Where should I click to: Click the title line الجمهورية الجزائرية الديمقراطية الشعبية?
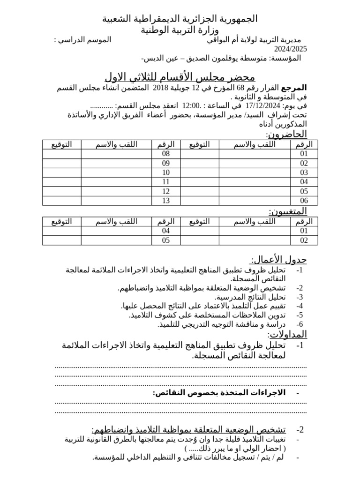[180, 19]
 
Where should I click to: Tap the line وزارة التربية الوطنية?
[180, 30]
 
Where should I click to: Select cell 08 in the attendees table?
[165, 154]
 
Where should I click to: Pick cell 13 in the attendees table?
[165, 201]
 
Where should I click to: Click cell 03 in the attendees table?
[304, 172]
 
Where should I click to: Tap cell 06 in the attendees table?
[304, 201]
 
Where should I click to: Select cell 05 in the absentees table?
[165, 240]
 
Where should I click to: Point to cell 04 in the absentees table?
[165, 231]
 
